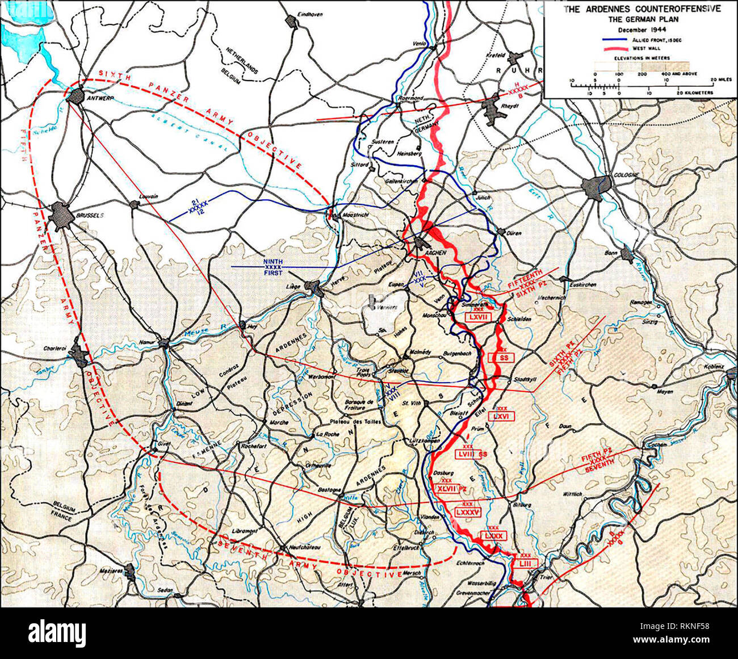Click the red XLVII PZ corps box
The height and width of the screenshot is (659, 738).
click(451, 488)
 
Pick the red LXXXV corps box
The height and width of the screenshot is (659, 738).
click(468, 512)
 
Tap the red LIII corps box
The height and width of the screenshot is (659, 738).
click(525, 563)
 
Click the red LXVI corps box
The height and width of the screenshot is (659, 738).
click(500, 416)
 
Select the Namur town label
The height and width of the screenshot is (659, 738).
click(147, 342)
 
